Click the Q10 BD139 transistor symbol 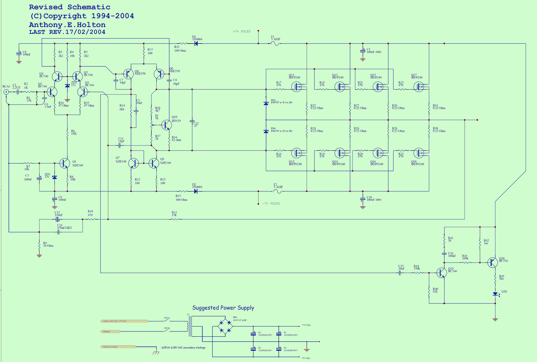coord(166,125)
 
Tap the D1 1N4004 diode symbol coord(196,44)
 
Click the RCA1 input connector coord(6,92)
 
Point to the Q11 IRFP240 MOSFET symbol coord(297,87)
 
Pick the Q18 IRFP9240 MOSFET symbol coord(419,153)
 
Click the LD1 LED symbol coord(495,294)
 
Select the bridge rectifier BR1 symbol coord(225,326)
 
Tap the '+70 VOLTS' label coord(242,31)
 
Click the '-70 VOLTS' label coord(271,204)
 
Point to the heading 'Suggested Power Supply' coord(223,308)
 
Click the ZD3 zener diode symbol coord(266,103)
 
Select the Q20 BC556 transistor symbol coord(492,263)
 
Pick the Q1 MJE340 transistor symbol coord(64,163)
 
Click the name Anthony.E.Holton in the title coord(67,25)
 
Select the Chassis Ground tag coord(118,347)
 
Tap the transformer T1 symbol coord(190,326)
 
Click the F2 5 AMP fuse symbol coord(278,191)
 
